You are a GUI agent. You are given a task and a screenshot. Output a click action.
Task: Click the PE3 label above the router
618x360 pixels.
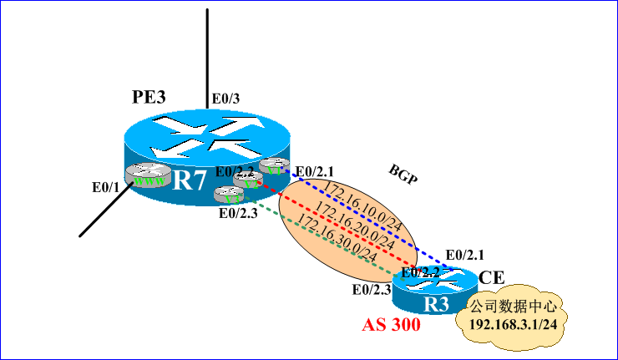[x=149, y=96]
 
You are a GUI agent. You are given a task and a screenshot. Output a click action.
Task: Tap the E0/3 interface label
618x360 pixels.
[x=225, y=99]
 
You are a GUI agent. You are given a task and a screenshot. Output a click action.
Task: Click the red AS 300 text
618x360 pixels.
[x=391, y=326]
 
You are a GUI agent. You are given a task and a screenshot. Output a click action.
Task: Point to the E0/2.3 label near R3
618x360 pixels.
[x=372, y=289]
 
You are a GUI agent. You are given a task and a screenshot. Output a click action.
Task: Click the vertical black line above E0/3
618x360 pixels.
[x=207, y=50]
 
